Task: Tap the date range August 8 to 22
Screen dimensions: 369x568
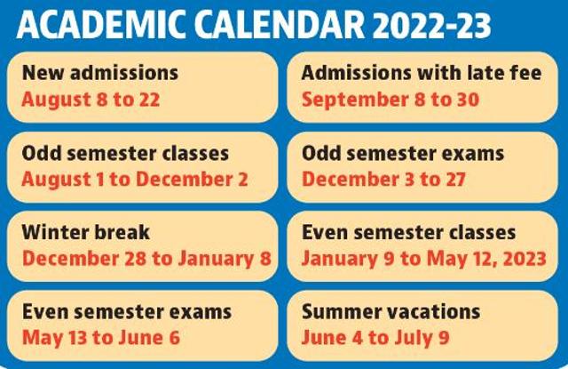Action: [x=91, y=99]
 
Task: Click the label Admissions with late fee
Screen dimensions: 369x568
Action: [x=421, y=73]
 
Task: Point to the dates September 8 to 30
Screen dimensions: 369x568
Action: [x=390, y=99]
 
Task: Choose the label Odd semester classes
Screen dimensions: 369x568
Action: [x=125, y=153]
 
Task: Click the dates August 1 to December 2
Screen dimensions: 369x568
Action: [x=135, y=179]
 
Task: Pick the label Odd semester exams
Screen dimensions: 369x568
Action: [x=403, y=153]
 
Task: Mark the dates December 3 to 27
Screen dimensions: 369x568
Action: [x=384, y=179]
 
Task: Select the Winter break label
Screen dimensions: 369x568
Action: [x=86, y=233]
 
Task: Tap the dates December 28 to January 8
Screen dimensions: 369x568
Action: [x=146, y=259]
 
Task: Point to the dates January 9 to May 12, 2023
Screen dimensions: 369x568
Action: [x=421, y=259]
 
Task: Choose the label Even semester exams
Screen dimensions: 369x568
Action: [x=127, y=312]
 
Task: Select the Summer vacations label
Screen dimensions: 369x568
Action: [x=391, y=312]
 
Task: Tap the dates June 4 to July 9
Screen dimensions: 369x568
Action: [x=375, y=338]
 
